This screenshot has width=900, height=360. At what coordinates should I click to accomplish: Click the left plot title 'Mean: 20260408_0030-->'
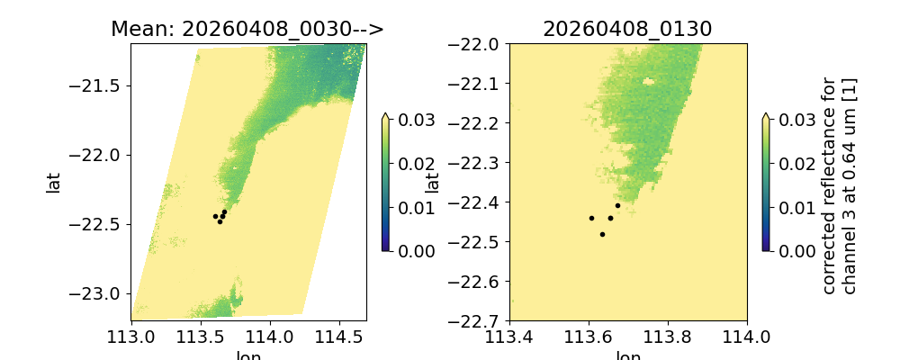[x=247, y=29]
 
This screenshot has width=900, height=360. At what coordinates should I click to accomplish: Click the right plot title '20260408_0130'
[x=627, y=29]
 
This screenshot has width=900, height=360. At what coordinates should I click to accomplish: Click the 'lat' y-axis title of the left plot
[x=54, y=183]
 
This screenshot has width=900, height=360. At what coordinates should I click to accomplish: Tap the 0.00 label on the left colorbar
[x=410, y=250]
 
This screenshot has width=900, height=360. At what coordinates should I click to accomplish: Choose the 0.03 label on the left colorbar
[x=410, y=120]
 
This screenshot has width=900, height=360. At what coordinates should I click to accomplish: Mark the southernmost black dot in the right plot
[x=602, y=234]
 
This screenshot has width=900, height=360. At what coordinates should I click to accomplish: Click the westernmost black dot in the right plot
[x=591, y=218]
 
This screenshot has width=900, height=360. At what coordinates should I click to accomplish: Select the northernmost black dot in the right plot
[x=617, y=205]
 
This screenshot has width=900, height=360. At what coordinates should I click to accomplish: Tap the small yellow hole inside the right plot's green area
[x=647, y=81]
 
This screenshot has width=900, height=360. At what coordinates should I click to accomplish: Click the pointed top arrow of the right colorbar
[x=764, y=116]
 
